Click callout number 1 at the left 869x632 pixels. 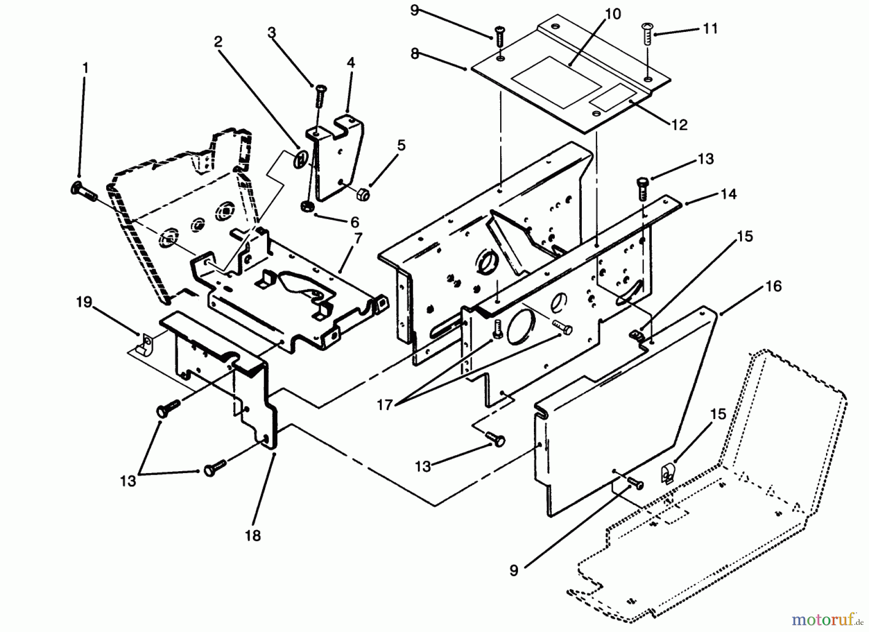click(x=85, y=69)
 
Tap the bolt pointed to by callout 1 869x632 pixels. click(x=83, y=192)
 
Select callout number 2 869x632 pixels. click(x=218, y=42)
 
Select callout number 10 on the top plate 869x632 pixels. click(x=613, y=14)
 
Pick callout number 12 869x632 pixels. click(x=679, y=125)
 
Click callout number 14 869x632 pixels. click(x=729, y=194)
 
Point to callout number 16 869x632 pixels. click(x=773, y=286)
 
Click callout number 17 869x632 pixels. click(x=385, y=405)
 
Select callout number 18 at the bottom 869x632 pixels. click(x=253, y=535)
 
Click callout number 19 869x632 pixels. click(x=84, y=303)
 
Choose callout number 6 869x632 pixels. click(x=354, y=222)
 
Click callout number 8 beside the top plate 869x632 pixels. click(x=415, y=54)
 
